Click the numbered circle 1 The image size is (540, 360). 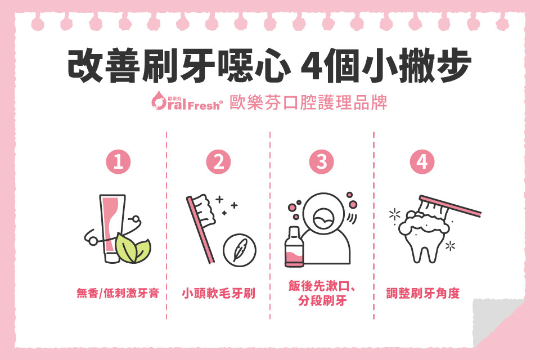119,163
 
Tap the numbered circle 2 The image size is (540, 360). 219,163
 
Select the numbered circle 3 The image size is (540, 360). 322,163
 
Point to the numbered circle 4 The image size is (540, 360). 422,163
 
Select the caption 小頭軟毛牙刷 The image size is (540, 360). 218,293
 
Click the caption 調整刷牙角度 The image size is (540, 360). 423,293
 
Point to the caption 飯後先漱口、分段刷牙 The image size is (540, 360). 322,295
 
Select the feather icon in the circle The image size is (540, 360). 240,249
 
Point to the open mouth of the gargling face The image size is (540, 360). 325,217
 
